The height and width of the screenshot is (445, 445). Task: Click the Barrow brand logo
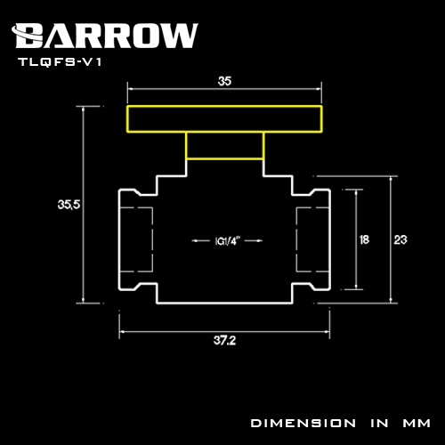click(105, 36)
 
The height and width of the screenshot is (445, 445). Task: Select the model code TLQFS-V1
click(61, 62)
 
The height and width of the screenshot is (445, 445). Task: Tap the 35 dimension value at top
click(224, 81)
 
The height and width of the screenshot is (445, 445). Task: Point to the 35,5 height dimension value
click(69, 205)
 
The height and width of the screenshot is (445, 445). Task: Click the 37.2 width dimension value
click(224, 340)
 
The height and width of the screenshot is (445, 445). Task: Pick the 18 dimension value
click(364, 239)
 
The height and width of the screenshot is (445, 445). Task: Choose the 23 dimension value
click(400, 239)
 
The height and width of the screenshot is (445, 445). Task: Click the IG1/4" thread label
click(227, 241)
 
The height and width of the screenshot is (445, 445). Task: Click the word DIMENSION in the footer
click(303, 423)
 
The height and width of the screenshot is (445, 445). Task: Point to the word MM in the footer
click(417, 423)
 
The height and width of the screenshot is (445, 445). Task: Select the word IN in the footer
click(379, 423)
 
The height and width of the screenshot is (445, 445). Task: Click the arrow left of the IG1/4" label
click(201, 241)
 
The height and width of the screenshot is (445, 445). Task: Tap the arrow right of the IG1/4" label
click(254, 241)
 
